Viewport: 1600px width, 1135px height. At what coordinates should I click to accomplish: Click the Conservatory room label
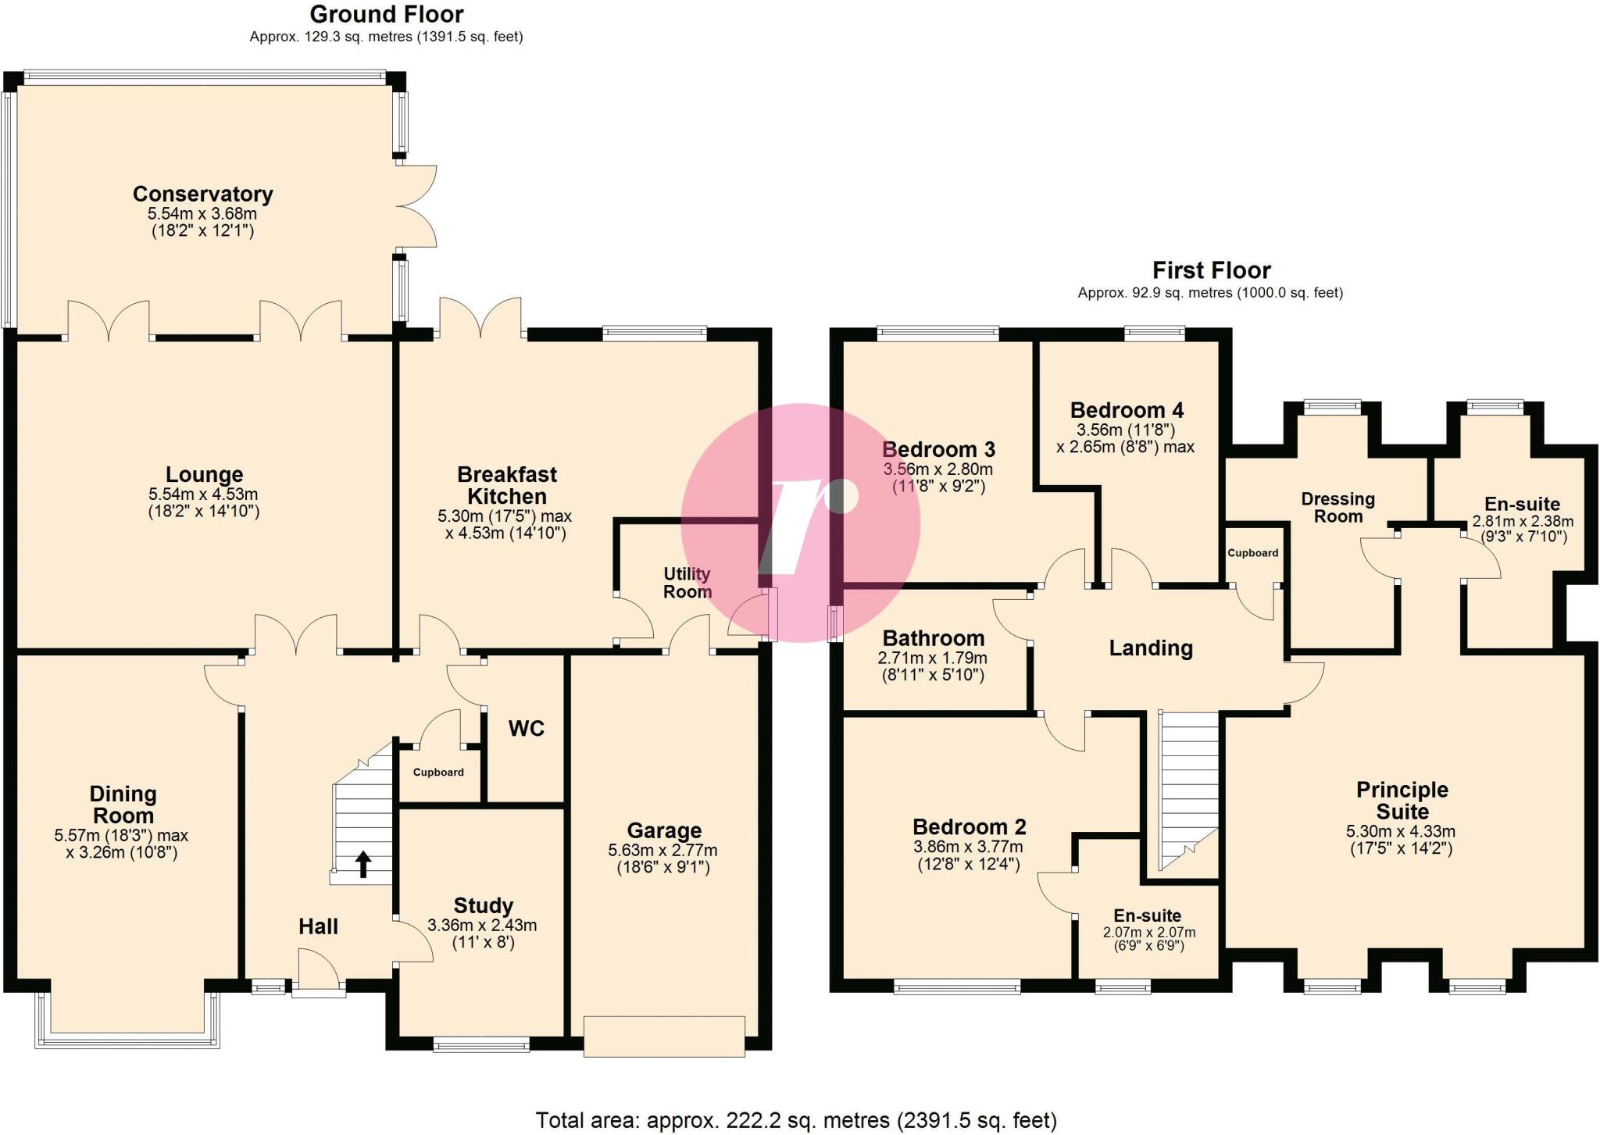(x=202, y=194)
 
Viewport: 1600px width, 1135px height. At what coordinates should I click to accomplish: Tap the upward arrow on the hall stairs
(x=363, y=865)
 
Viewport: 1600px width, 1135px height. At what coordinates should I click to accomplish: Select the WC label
(x=526, y=729)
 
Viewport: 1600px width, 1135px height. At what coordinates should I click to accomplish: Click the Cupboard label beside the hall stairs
(x=438, y=772)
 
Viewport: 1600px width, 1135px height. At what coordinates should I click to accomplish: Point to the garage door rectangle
(x=664, y=1036)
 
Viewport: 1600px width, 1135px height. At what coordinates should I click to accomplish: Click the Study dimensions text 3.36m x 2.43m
(x=482, y=926)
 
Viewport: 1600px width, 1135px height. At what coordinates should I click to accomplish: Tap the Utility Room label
(x=687, y=583)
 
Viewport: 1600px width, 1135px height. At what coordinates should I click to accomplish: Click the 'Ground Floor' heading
(x=386, y=14)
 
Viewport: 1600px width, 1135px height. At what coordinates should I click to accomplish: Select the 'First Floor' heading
(x=1211, y=270)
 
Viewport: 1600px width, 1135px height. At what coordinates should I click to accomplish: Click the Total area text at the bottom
(x=795, y=1120)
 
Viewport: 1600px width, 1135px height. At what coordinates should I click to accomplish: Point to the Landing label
(x=1151, y=648)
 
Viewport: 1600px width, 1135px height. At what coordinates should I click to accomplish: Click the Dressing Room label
(x=1337, y=508)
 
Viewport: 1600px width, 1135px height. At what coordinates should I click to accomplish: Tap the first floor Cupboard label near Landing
(x=1252, y=553)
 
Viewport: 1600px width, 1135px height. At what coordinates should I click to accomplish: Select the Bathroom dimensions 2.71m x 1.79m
(x=932, y=658)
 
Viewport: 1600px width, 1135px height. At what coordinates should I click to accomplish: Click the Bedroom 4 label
(x=1127, y=410)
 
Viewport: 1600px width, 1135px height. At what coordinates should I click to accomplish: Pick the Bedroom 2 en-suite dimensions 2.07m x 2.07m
(x=1148, y=932)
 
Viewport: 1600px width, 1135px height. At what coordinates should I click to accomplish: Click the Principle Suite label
(x=1402, y=800)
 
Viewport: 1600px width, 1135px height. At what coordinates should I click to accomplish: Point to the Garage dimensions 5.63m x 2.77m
(x=662, y=850)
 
